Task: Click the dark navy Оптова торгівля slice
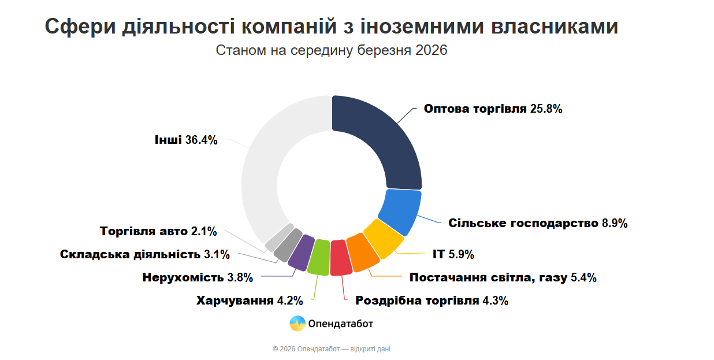pyautogui.click(x=381, y=144)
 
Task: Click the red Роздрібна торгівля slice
pyautogui.click(x=341, y=257)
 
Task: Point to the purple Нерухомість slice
pyautogui.click(x=300, y=253)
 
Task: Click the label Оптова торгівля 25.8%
pyautogui.click(x=493, y=109)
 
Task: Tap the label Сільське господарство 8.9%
pyautogui.click(x=538, y=223)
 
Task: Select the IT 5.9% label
pyautogui.click(x=453, y=254)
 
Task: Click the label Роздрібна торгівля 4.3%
pyautogui.click(x=432, y=300)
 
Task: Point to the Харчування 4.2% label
pyautogui.click(x=250, y=300)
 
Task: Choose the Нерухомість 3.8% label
pyautogui.click(x=198, y=277)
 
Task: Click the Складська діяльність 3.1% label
pyautogui.click(x=145, y=254)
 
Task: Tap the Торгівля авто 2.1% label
pyautogui.click(x=158, y=231)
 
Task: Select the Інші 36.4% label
pyautogui.click(x=185, y=140)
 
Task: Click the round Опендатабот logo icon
pyautogui.click(x=297, y=324)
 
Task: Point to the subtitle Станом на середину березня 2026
pyautogui.click(x=332, y=50)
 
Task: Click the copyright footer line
pyautogui.click(x=335, y=349)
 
